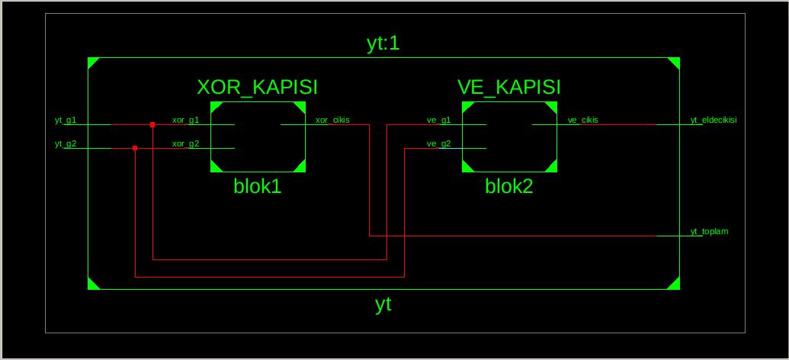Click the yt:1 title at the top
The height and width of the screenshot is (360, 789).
(383, 43)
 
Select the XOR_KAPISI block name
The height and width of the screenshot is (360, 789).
(257, 87)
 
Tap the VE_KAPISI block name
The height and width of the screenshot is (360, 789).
(509, 87)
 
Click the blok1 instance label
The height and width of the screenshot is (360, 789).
(258, 186)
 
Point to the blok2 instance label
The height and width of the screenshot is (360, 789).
(509, 186)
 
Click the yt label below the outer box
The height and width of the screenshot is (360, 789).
(383, 304)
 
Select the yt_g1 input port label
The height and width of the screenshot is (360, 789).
(66, 120)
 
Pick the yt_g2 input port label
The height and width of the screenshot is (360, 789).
(66, 143)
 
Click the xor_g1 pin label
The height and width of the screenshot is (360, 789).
(185, 120)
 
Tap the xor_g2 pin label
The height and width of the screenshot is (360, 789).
(185, 143)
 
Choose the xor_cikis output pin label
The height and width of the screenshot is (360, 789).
(332, 120)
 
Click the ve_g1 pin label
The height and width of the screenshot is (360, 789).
(438, 120)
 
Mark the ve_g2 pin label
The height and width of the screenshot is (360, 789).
(438, 143)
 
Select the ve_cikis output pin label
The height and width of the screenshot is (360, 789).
(583, 120)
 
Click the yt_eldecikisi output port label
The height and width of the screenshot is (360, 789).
(713, 120)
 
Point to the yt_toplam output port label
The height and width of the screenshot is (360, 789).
(709, 230)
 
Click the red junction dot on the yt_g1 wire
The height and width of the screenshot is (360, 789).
(152, 124)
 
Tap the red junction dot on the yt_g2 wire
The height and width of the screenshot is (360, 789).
(135, 148)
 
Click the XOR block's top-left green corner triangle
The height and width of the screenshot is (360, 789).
(215, 107)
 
